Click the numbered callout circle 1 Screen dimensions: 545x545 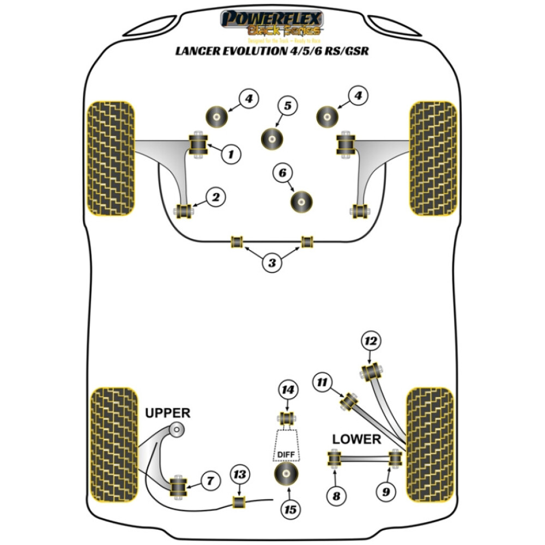pos(231,154)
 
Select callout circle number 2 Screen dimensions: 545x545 pos(216,197)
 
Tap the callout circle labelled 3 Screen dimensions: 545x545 pos(272,264)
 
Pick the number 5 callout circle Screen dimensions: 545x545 pos(287,106)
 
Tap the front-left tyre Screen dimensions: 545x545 pos(111,156)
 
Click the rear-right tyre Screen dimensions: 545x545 pos(430,444)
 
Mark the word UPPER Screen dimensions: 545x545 pos(168,413)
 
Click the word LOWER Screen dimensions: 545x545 pos(356,439)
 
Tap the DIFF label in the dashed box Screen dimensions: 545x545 pos(287,453)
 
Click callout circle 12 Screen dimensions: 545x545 pos(371,342)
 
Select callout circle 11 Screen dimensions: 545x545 pos(322,383)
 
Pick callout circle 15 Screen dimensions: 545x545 pos(290,509)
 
